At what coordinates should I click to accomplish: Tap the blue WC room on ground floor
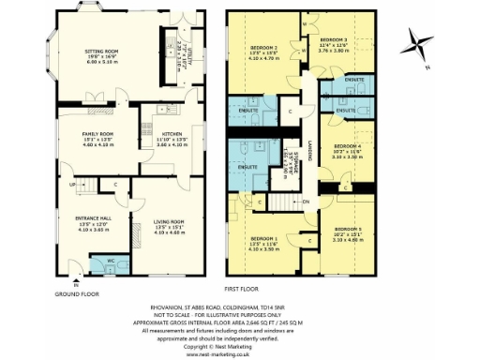(x=110, y=260)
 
